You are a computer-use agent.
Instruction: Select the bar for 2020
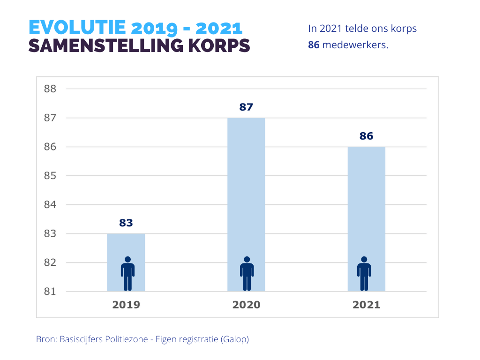[x=246, y=187]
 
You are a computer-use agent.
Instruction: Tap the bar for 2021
[x=366, y=202]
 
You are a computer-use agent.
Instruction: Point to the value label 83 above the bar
[x=126, y=223]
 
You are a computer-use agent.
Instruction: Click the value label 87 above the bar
[x=246, y=107]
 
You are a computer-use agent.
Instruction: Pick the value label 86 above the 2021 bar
[x=366, y=136]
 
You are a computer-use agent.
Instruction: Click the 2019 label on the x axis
[x=126, y=305]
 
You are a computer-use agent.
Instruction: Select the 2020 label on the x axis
[x=246, y=305]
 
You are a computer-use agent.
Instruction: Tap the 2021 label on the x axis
[x=366, y=305]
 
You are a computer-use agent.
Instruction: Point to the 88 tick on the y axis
[x=50, y=89]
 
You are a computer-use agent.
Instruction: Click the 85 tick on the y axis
[x=50, y=176]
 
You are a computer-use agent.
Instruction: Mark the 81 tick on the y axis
[x=50, y=292]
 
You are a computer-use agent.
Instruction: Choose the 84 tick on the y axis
[x=50, y=205]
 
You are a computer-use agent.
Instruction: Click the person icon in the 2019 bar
[x=127, y=274]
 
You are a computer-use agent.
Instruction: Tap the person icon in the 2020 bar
[x=247, y=274]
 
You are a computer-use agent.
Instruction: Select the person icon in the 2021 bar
[x=364, y=274]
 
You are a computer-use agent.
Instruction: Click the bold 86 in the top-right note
[x=314, y=46]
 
